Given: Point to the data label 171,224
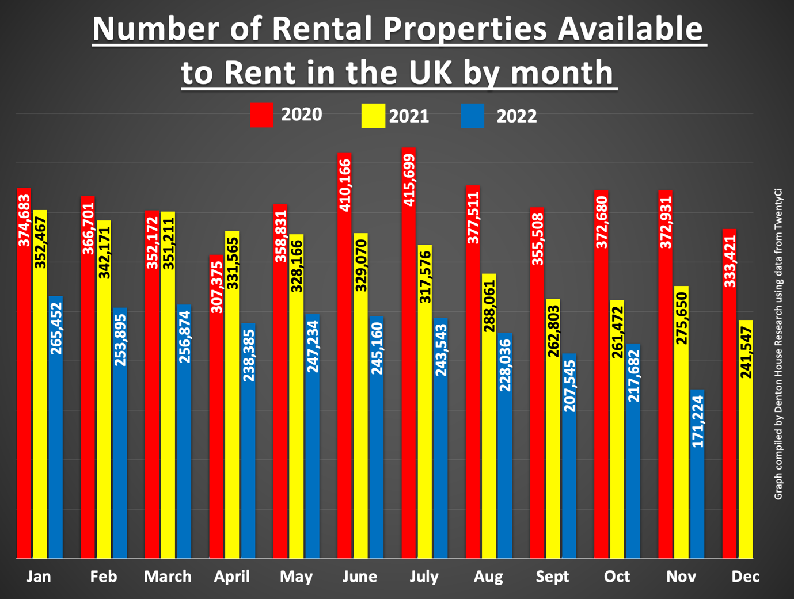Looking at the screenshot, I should (x=697, y=422).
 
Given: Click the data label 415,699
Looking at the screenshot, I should (x=408, y=180).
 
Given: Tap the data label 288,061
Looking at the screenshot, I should (x=489, y=306).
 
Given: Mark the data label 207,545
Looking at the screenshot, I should (x=569, y=386).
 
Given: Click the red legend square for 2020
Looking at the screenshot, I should (x=262, y=115).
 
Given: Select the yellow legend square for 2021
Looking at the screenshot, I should (x=373, y=116).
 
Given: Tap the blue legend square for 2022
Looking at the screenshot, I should (x=473, y=116).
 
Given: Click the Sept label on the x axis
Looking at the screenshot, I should (x=552, y=577).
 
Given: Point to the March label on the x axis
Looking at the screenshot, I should (x=168, y=577).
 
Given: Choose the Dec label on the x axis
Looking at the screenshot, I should (x=745, y=577).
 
